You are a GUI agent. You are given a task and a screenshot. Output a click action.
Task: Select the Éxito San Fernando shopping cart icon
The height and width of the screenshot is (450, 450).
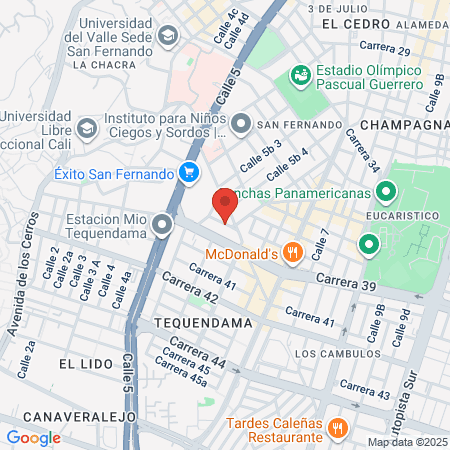pyautogui.click(x=187, y=173)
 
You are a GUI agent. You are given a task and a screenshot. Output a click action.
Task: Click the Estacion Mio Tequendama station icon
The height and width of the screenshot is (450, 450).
pyautogui.click(x=163, y=227)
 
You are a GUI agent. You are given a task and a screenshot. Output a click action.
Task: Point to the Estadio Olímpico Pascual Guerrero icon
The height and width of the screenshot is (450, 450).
pyautogui.click(x=298, y=75)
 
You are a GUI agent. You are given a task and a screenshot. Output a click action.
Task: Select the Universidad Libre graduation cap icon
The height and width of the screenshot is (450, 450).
pyautogui.click(x=87, y=127)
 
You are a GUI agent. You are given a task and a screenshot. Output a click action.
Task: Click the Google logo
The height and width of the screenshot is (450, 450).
pyautogui.click(x=33, y=437)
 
